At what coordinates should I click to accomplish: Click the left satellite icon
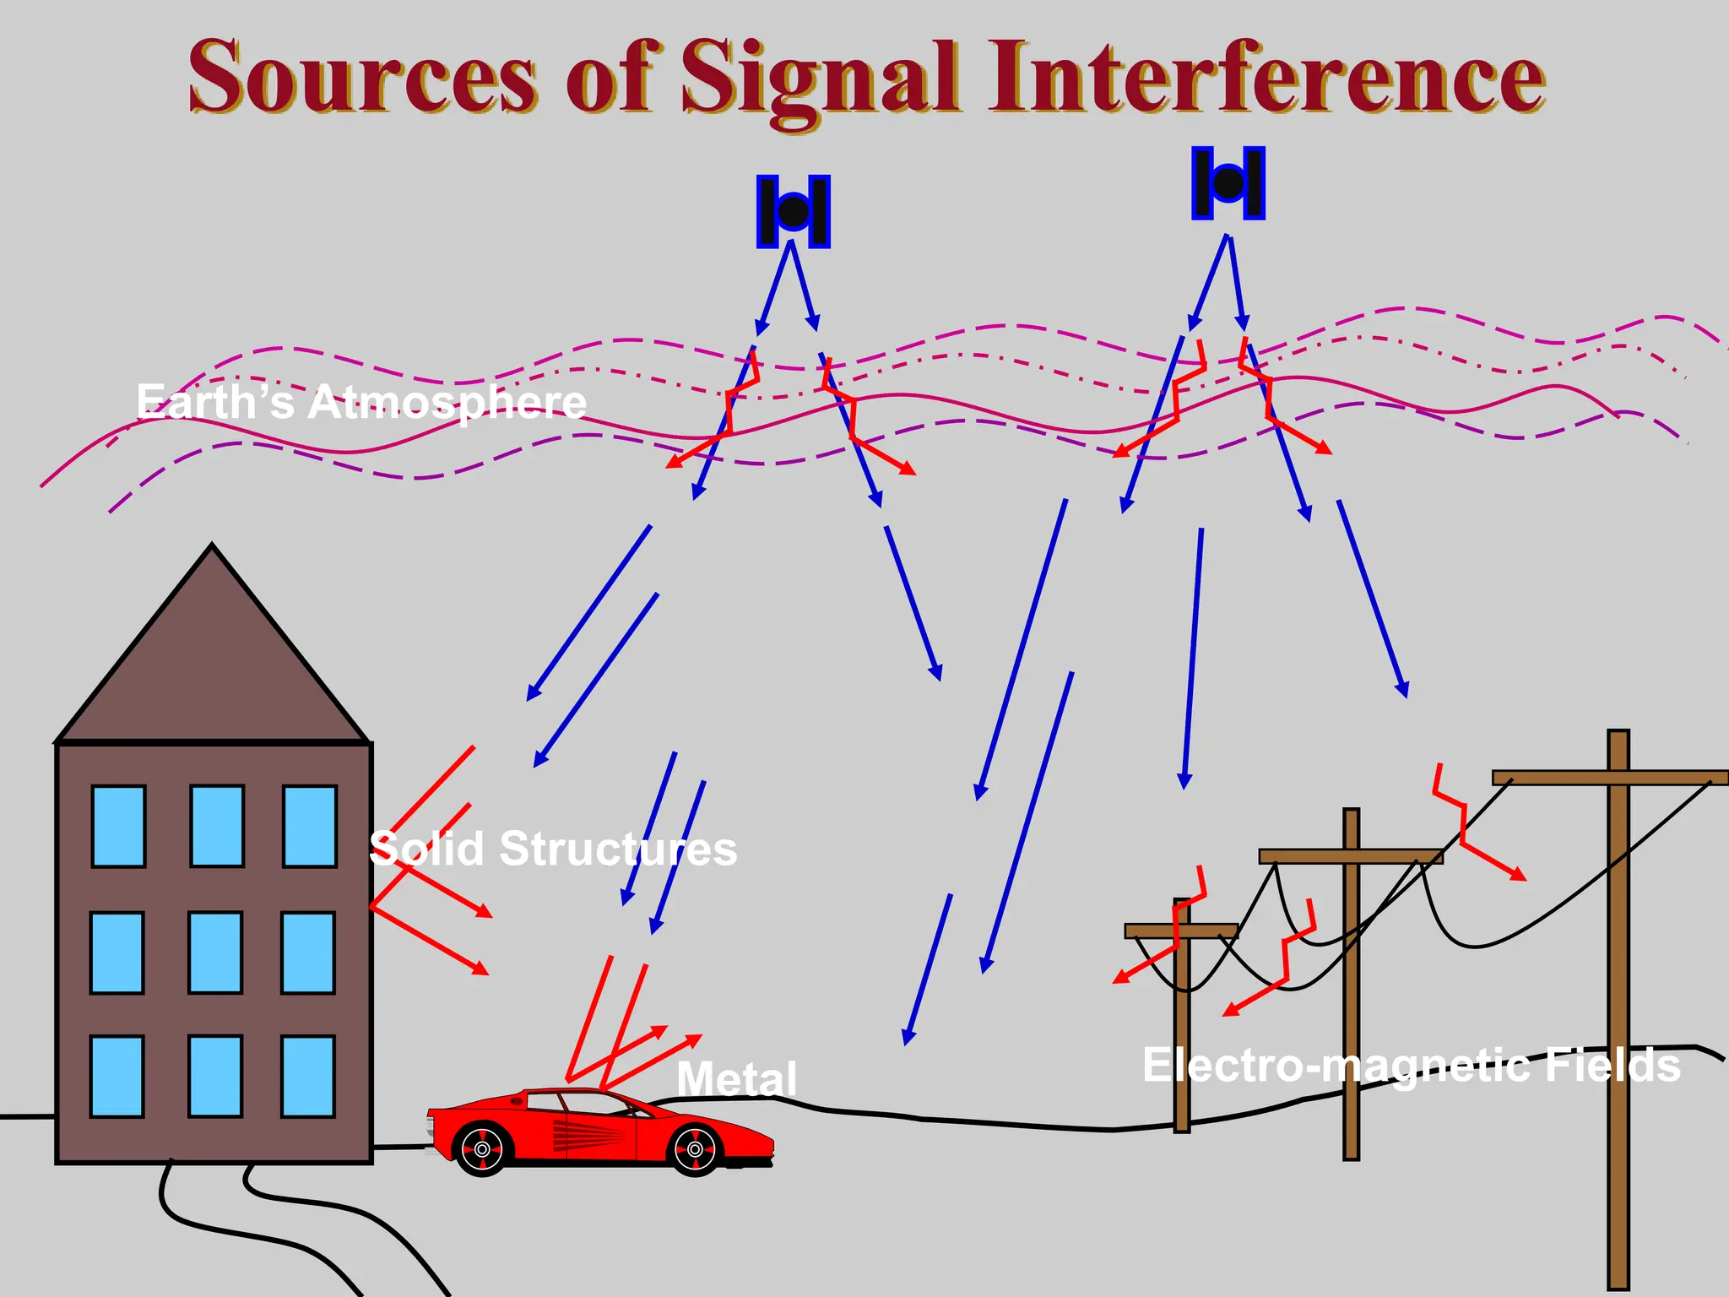point(793,211)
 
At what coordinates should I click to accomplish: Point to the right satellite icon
point(1228,182)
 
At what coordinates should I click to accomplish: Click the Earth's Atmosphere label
point(361,402)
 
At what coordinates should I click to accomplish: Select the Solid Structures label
point(553,848)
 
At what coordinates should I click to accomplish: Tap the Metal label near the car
point(736,1078)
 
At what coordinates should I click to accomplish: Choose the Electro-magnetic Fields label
point(1411,1065)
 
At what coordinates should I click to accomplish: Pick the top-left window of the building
point(118,826)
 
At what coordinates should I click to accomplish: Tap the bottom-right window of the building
point(308,1077)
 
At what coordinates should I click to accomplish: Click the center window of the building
point(215,952)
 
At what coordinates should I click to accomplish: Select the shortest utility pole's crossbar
point(1181,931)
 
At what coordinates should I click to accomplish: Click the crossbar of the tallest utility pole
point(1609,778)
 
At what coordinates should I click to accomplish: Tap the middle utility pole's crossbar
point(1351,856)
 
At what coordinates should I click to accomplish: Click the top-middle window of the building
point(217,826)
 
